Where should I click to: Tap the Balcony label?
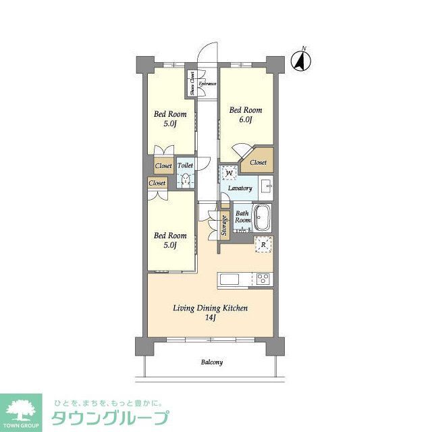click(211, 362)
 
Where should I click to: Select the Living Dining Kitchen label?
click(211, 308)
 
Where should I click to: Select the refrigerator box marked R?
click(263, 245)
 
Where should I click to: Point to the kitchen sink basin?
click(227, 279)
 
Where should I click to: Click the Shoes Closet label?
click(192, 83)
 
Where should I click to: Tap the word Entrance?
click(207, 84)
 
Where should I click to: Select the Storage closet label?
click(224, 225)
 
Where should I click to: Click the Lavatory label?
click(240, 188)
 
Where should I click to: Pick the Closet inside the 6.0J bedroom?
click(258, 163)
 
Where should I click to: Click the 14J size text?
click(210, 319)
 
